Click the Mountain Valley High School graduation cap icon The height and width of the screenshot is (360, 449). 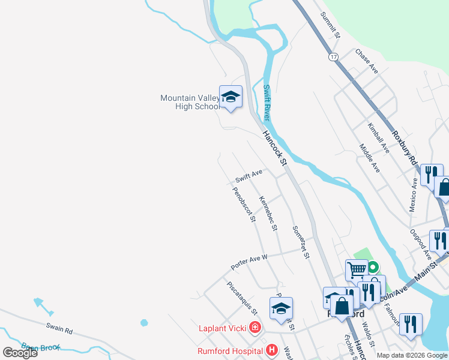pyautogui.click(x=231, y=98)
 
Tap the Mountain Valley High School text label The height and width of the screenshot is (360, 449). pyautogui.click(x=190, y=103)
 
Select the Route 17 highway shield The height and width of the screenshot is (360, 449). pyautogui.click(x=333, y=56)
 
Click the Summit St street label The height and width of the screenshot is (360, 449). pyautogui.click(x=331, y=25)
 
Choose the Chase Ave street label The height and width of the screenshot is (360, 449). pyautogui.click(x=366, y=62)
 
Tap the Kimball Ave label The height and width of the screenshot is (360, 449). pyautogui.click(x=379, y=137)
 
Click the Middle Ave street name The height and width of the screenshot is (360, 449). pyautogui.click(x=369, y=158)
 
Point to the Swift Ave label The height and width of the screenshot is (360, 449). pyautogui.click(x=249, y=176)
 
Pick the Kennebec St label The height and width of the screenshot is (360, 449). pyautogui.click(x=268, y=213)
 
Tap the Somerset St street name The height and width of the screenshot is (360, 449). pyautogui.click(x=301, y=242)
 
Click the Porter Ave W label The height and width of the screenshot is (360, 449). pyautogui.click(x=249, y=262)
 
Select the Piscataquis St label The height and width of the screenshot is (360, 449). pyautogui.click(x=242, y=298)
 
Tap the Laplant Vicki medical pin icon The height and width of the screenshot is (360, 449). pyautogui.click(x=255, y=328)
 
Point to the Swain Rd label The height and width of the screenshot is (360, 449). pyautogui.click(x=59, y=330)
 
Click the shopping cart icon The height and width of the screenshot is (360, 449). pyautogui.click(x=357, y=269)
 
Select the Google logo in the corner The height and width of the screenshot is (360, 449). pyautogui.click(x=20, y=352)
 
